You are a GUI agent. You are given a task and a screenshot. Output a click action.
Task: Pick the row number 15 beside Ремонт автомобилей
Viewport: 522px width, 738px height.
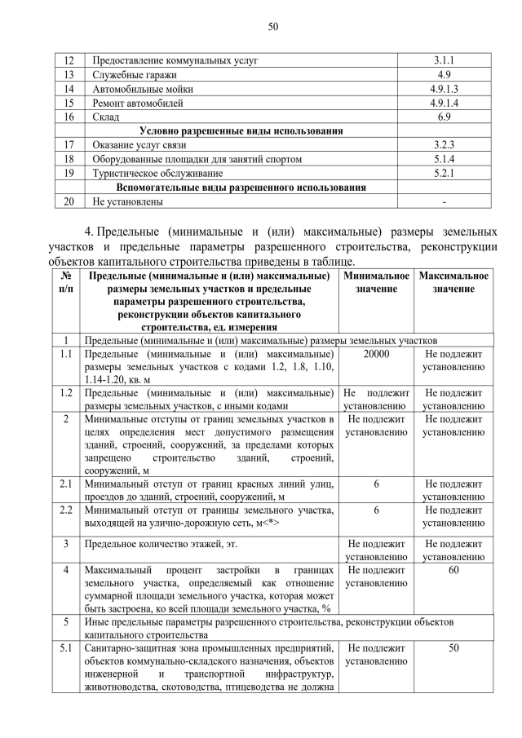(69, 103)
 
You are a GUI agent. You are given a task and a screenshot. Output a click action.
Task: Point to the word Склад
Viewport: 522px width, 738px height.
(106, 117)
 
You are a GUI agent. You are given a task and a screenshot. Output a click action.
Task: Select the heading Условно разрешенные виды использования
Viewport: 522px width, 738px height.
(241, 130)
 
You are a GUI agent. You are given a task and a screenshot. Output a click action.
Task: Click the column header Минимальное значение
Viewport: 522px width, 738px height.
(376, 283)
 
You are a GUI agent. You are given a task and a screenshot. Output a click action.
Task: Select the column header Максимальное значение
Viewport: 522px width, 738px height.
(453, 283)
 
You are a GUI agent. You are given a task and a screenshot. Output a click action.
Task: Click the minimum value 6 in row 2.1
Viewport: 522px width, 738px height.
(376, 484)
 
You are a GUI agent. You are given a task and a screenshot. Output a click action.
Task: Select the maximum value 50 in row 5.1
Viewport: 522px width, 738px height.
(453, 647)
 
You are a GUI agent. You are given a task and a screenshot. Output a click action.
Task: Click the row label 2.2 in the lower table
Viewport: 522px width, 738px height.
(66, 510)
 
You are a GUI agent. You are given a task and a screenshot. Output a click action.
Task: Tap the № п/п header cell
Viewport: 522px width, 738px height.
(66, 283)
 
